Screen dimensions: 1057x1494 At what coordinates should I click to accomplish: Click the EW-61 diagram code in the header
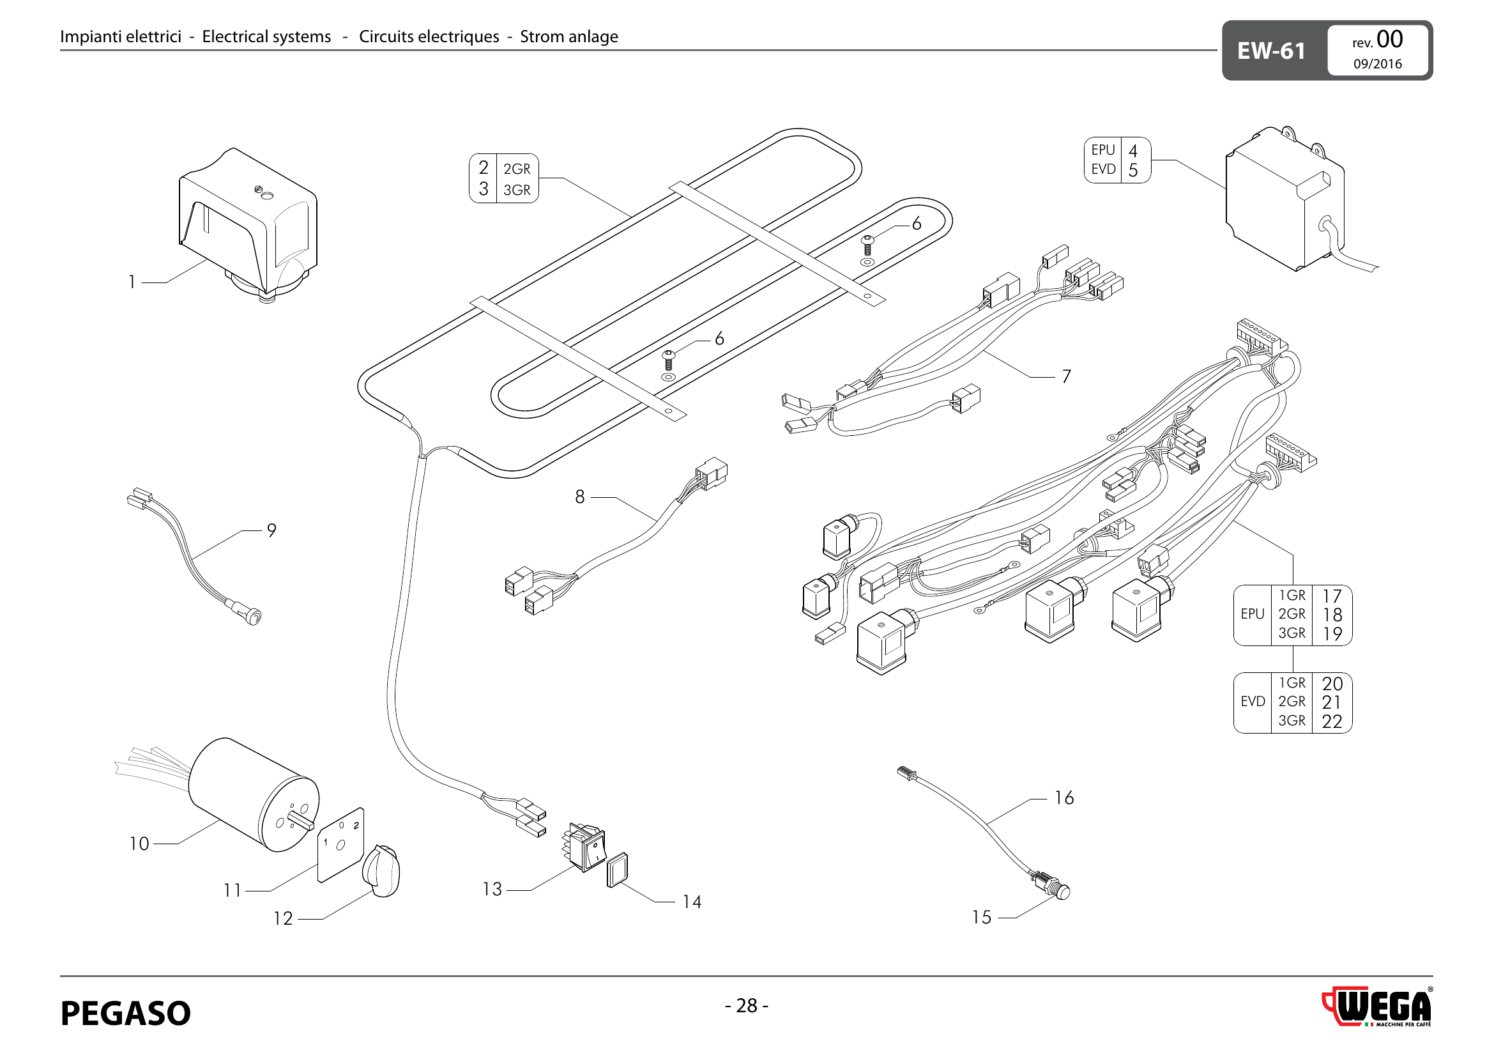[x=1271, y=50]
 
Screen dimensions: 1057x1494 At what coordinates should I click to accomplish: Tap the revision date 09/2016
[x=1377, y=64]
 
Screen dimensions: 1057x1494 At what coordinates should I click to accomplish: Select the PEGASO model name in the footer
[x=126, y=1013]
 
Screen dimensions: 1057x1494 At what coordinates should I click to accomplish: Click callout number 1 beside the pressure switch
[x=132, y=282]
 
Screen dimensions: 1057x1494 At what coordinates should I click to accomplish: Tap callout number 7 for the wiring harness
[x=1066, y=376]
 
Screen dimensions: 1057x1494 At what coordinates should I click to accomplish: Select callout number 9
[x=271, y=530]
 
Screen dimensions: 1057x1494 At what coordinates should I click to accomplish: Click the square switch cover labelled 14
[x=617, y=870]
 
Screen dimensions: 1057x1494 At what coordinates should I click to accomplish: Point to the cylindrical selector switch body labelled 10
[x=254, y=794]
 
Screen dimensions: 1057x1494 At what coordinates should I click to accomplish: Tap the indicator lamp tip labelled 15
[x=1062, y=891]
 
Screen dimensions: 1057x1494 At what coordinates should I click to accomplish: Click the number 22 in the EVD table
[x=1331, y=721]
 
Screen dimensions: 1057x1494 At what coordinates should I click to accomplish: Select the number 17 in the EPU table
[x=1331, y=596]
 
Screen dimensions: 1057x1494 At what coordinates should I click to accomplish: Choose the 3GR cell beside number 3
[x=517, y=190]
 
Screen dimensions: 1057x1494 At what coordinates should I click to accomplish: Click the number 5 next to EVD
[x=1133, y=171]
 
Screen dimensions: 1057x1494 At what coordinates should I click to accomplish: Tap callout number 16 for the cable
[x=1064, y=798]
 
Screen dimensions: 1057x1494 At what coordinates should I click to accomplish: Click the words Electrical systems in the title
[x=266, y=36]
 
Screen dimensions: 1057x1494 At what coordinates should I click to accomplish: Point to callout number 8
[x=580, y=497]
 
